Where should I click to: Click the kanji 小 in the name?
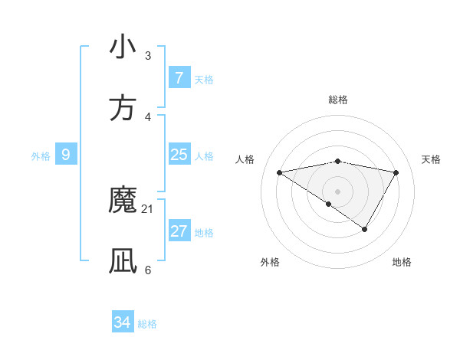(x=123, y=47)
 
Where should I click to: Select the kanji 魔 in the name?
(x=123, y=201)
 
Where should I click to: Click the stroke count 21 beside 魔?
(x=148, y=208)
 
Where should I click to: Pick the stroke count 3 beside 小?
(x=148, y=55)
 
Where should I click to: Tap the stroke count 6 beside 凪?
(x=148, y=270)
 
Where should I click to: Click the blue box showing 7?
(x=179, y=78)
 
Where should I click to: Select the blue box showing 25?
(x=179, y=155)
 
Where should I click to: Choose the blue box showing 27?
(x=179, y=231)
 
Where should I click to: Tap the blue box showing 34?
(x=123, y=323)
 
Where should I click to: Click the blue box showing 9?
(x=66, y=155)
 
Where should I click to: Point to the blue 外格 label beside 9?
(x=41, y=155)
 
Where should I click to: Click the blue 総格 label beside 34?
(x=147, y=324)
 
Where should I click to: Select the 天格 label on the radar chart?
(x=432, y=159)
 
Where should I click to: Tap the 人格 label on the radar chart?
(x=245, y=159)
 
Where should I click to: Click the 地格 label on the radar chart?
(x=402, y=262)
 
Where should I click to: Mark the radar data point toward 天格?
(x=396, y=172)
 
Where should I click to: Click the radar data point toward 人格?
(x=279, y=172)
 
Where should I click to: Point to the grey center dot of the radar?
(x=337, y=191)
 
